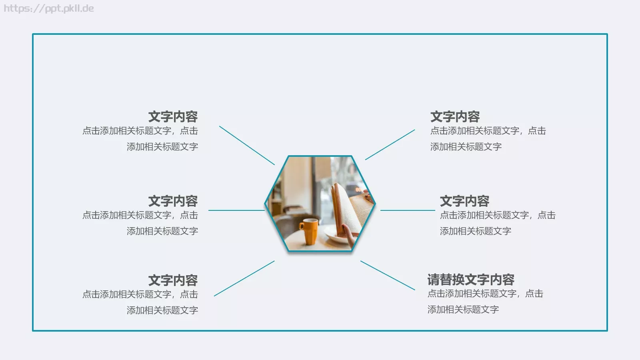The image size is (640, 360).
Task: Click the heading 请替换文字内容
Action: [471, 279]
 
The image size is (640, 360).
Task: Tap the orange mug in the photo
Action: [309, 231]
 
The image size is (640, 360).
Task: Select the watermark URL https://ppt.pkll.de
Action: [49, 8]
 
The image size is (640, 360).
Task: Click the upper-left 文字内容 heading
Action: [173, 116]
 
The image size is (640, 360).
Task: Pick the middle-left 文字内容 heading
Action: [173, 201]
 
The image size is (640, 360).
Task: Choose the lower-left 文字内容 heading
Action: [173, 280]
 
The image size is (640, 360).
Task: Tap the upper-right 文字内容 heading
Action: [455, 116]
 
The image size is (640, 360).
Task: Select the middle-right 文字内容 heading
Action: [464, 201]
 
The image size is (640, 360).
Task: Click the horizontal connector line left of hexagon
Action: [236, 210]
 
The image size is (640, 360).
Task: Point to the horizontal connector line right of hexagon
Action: [408, 210]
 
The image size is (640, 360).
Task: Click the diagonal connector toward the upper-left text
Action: [247, 145]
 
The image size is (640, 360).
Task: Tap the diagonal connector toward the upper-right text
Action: [390, 144]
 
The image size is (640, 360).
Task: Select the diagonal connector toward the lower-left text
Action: [244, 278]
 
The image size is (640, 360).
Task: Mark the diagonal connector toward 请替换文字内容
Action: [388, 275]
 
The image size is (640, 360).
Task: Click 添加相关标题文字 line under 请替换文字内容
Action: [463, 309]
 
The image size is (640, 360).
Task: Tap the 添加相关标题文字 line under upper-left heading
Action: [162, 147]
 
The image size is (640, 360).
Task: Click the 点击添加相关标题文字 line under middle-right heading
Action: [498, 215]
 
